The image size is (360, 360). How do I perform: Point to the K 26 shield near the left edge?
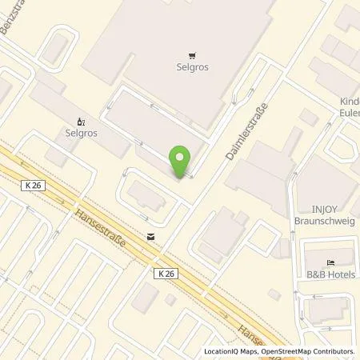pyautogui.click(x=33, y=185)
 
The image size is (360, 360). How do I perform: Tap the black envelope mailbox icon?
pyautogui.click(x=150, y=236)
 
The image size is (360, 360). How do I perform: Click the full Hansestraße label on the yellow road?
pyautogui.click(x=99, y=229)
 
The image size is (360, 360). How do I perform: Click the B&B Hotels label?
pyautogui.click(x=331, y=274)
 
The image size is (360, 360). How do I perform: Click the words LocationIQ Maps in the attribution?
pyautogui.click(x=230, y=351)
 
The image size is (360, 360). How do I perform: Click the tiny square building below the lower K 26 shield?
pyautogui.click(x=170, y=299)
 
